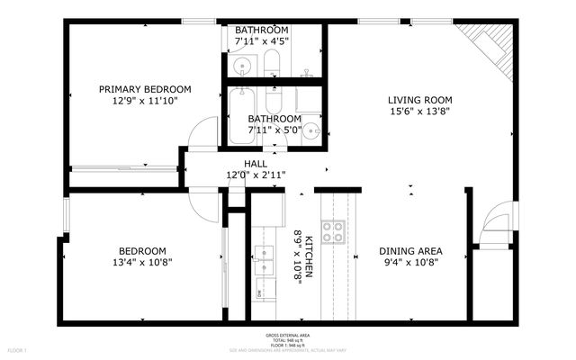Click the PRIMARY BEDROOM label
point(145,89)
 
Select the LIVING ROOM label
point(419,100)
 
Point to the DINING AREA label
point(409,251)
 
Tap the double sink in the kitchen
point(264,258)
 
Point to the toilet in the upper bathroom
point(273,65)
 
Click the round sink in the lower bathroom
point(311,130)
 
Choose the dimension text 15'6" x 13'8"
point(419,112)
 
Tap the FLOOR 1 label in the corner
point(18,349)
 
